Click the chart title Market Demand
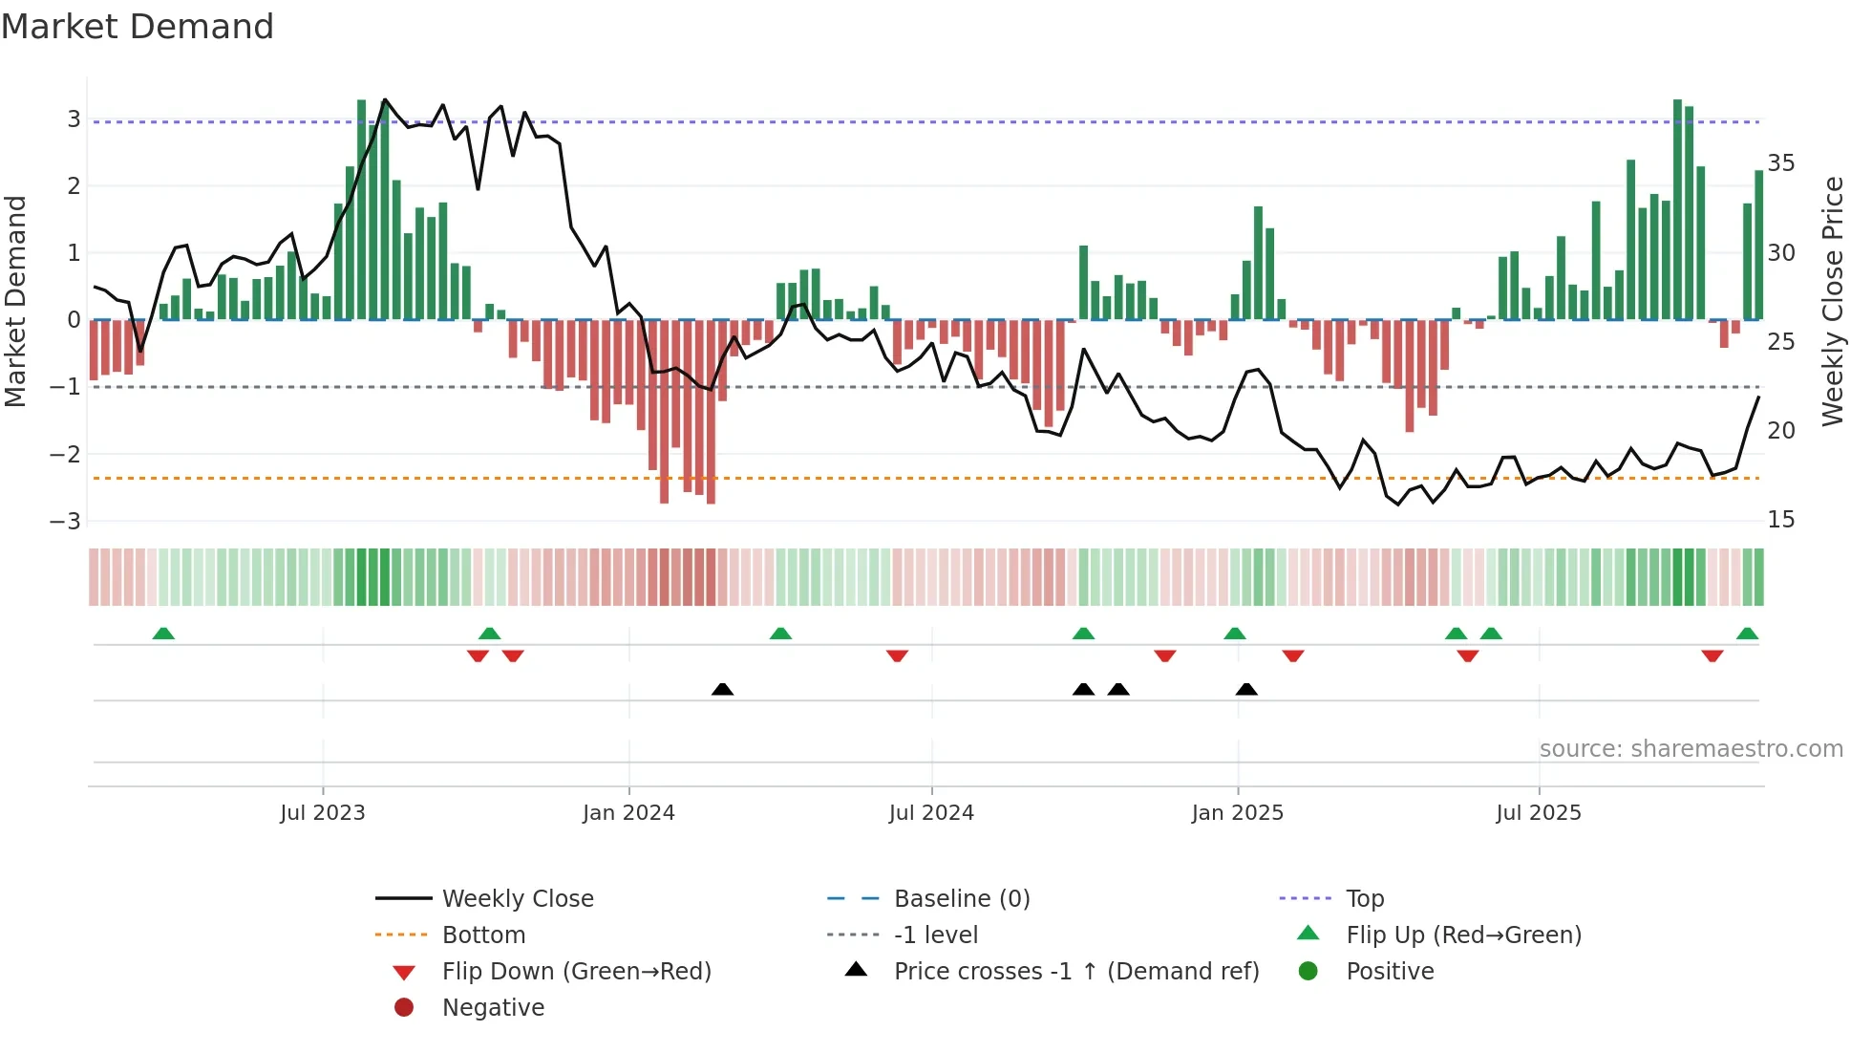(138, 27)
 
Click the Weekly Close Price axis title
(1832, 301)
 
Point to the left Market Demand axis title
(15, 301)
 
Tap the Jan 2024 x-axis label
(628, 813)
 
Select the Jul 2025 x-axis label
(1539, 813)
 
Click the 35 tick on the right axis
(1780, 163)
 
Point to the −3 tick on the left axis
(66, 522)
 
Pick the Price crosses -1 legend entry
(1075, 972)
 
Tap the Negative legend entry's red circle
(404, 1008)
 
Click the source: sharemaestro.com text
(1691, 749)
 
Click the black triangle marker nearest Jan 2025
(1246, 690)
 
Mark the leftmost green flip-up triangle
(163, 634)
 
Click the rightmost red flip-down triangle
(1712, 655)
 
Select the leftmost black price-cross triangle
(722, 690)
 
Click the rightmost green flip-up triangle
(1747, 634)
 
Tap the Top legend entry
(1364, 899)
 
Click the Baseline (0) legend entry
(961, 899)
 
